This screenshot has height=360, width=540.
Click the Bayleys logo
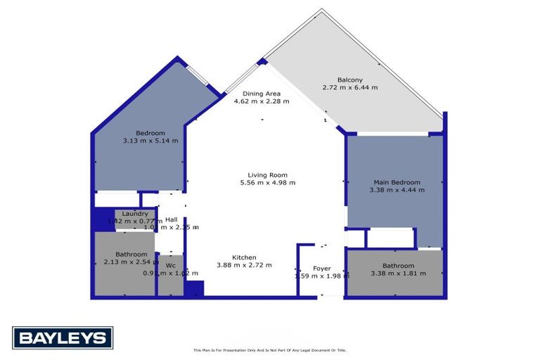[x=62, y=338]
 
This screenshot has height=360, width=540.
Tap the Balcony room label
[x=350, y=79]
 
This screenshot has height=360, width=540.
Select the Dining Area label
[x=262, y=94]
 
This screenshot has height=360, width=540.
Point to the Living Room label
[x=267, y=175]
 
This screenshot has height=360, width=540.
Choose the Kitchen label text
[x=245, y=257]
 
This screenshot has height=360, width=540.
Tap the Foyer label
[x=322, y=268]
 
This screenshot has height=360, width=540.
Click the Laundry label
[x=134, y=214]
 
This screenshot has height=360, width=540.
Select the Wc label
[x=170, y=265]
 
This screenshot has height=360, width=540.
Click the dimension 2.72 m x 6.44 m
[x=350, y=88]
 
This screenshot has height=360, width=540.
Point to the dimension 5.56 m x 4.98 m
[x=267, y=183]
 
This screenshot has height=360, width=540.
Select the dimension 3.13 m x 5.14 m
[x=150, y=141]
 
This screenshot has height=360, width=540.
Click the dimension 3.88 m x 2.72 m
[x=245, y=265]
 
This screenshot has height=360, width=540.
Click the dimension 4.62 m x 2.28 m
[x=262, y=101]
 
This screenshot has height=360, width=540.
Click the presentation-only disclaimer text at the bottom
[x=270, y=350]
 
